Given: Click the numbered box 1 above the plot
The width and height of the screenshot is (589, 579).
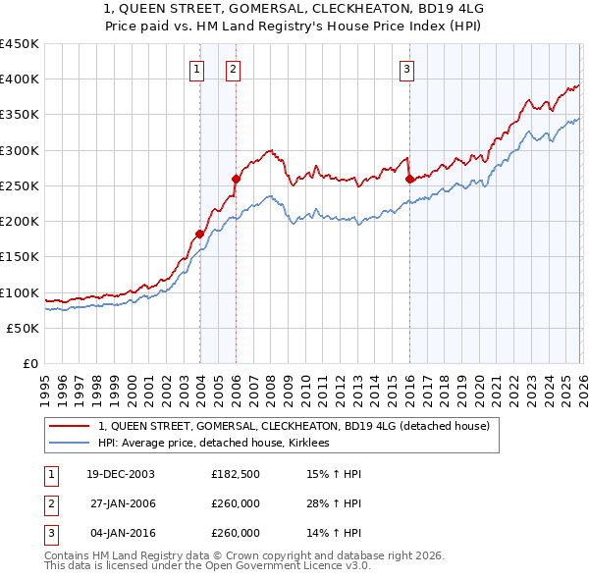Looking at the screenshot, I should tap(198, 69).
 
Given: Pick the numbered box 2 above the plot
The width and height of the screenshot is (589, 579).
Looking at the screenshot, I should tap(233, 69).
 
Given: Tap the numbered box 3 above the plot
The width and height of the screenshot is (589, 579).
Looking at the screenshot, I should tap(406, 69).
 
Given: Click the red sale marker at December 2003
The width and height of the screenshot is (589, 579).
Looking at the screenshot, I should tap(199, 234).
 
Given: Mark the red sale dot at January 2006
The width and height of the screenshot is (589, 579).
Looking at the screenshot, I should tap(236, 179).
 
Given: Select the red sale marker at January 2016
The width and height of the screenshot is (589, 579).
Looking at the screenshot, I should tap(408, 179).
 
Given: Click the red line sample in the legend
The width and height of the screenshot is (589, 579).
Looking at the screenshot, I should tap(70, 426).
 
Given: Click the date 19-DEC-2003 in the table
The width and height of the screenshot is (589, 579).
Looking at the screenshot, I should tap(121, 474).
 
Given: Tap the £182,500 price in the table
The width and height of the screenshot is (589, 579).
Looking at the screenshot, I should tap(236, 474).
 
